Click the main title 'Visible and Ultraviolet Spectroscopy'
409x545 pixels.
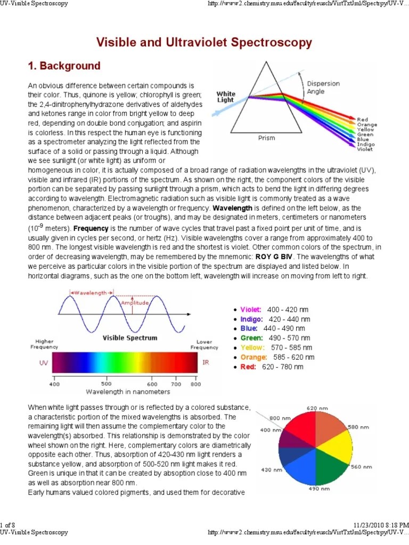(204, 43)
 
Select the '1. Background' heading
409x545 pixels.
(64, 66)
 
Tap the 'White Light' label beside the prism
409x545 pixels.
(226, 97)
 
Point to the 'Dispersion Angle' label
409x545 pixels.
(323, 87)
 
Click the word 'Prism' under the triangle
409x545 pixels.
(266, 138)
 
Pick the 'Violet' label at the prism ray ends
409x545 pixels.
(365, 150)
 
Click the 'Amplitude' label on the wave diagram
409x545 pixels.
(135, 302)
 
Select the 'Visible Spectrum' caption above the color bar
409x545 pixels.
(130, 337)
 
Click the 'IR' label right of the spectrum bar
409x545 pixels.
(206, 362)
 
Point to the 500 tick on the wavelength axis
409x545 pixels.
(107, 383)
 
